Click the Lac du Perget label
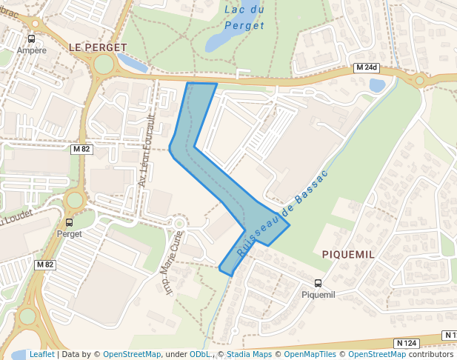point(244,18)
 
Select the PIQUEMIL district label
point(348,254)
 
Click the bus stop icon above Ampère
point(32,39)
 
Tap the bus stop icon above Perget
point(70,221)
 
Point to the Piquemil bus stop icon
point(318,282)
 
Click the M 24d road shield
point(366,68)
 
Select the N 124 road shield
point(406,343)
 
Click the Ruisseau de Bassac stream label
point(281,213)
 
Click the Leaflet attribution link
point(42,354)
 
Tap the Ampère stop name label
point(32,50)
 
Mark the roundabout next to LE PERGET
point(104,64)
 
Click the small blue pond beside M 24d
point(377,85)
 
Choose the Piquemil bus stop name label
point(318,294)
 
